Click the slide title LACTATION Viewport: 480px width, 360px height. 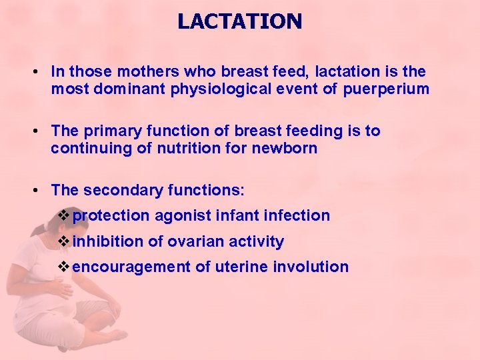click(x=239, y=21)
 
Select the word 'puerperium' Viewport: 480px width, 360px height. click(x=387, y=89)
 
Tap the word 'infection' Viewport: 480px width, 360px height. click(x=297, y=215)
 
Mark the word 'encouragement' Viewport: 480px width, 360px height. click(x=131, y=267)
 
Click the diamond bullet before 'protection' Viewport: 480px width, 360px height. click(x=64, y=215)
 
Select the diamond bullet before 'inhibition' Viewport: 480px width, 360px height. click(x=64, y=241)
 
